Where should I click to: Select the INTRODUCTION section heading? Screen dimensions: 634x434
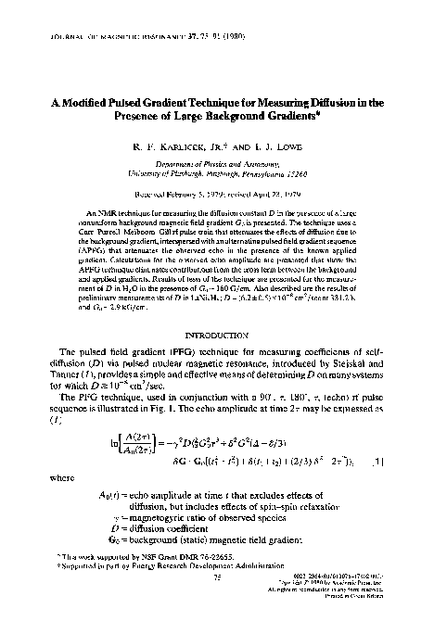tap(217, 333)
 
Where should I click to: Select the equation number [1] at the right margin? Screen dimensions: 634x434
tap(379, 460)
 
